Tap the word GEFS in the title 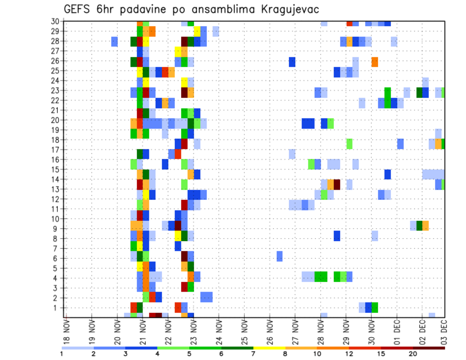79,10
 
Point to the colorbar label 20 414,354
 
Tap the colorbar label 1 62,354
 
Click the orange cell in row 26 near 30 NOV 375,62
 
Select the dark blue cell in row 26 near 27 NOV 292,62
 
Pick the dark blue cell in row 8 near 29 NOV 337,236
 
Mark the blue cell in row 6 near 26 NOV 280,256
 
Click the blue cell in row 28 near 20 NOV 115,42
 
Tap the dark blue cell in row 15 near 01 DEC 387,174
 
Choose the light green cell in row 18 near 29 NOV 349,144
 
